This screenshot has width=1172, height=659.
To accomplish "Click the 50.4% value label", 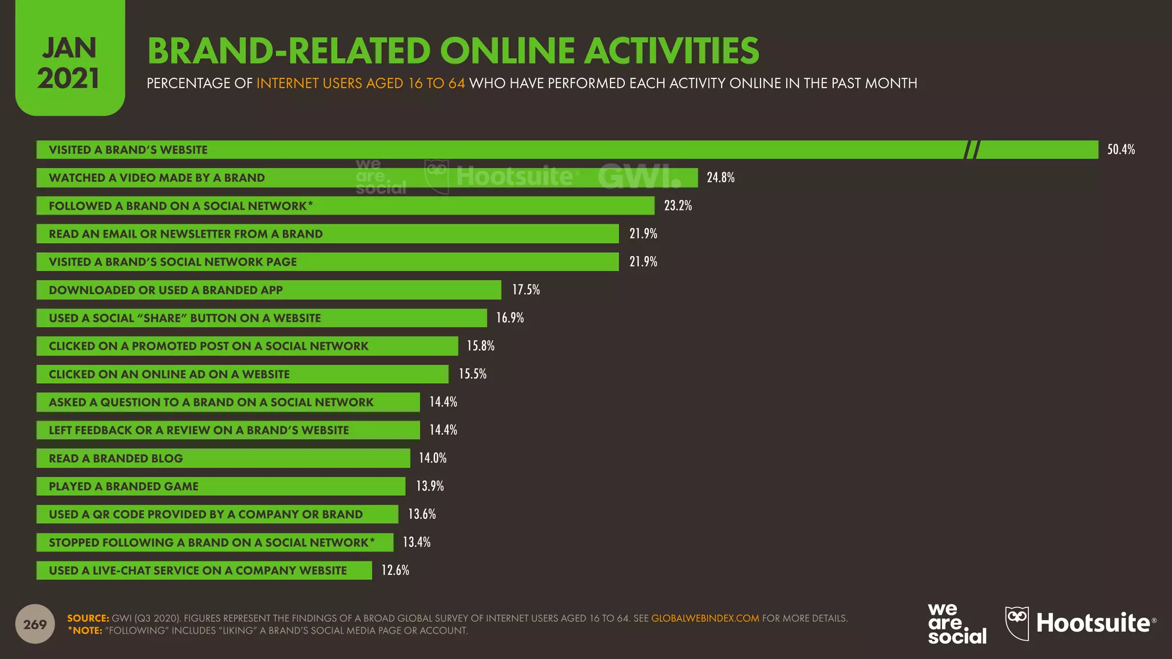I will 1120,150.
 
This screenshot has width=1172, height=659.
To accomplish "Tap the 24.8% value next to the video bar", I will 720,178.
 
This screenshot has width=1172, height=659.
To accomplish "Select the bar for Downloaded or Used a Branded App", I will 268,290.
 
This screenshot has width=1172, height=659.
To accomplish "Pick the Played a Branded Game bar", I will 220,486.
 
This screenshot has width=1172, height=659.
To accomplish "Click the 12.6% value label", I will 395,570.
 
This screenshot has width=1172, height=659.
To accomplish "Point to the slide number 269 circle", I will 35,624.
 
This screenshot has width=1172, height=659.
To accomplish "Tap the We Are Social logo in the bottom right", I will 957,624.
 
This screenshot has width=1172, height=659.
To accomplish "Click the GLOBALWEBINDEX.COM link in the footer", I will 705,618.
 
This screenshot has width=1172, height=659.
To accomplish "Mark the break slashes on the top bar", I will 972,150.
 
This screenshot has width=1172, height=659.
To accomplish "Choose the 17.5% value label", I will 526,290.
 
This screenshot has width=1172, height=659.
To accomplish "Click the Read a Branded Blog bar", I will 223,458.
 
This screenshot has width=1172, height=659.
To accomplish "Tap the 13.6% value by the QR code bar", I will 422,514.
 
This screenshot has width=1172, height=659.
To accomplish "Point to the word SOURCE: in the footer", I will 88,618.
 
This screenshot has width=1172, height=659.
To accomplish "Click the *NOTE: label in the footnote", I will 85,630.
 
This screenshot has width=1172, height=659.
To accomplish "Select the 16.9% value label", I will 510,318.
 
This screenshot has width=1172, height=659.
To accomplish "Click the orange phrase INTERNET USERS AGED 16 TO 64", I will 361,84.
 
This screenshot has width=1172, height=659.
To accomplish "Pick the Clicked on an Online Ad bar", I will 242,374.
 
